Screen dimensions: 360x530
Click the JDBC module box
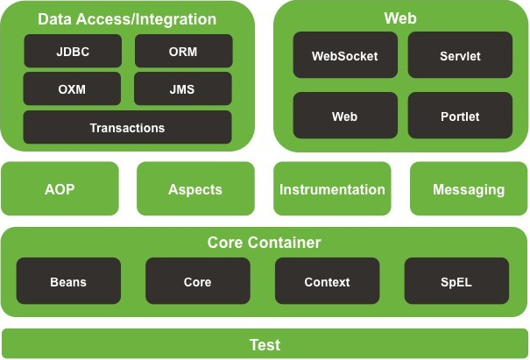click(x=72, y=52)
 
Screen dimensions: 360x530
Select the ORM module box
click(x=183, y=52)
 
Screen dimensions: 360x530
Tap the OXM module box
click(x=72, y=89)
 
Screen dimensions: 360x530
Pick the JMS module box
click(x=183, y=89)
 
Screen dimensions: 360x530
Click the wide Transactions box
click(x=127, y=128)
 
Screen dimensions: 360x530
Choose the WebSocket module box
click(x=345, y=56)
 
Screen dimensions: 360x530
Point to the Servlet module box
click(x=460, y=56)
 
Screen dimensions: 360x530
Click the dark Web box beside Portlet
click(x=345, y=116)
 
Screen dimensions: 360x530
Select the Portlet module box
click(x=460, y=116)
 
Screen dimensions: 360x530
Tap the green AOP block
click(x=60, y=189)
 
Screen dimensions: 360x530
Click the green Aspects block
click(x=195, y=189)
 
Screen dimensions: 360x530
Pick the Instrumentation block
click(x=332, y=189)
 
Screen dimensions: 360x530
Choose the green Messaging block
click(x=469, y=189)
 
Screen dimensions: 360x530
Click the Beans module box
click(x=68, y=282)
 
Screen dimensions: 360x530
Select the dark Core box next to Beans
click(x=197, y=282)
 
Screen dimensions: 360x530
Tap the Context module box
click(x=327, y=282)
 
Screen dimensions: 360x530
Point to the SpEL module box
click(x=456, y=282)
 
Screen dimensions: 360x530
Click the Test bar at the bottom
click(x=265, y=344)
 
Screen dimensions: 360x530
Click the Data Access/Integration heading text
click(x=127, y=18)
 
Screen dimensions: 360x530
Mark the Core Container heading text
click(x=265, y=242)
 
